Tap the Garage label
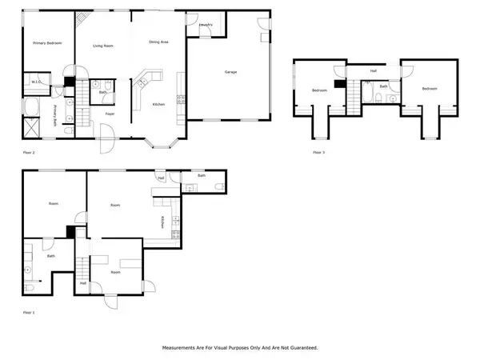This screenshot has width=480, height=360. tap(230, 73)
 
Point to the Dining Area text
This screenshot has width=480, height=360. tap(159, 42)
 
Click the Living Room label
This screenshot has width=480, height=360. tap(102, 46)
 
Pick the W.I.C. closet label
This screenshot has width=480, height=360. tap(36, 82)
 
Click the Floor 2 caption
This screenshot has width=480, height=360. tap(29, 152)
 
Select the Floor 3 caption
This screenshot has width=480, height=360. tap(319, 152)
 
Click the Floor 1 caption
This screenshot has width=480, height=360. tap(29, 312)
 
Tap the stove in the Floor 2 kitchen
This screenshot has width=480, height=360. tap(181, 100)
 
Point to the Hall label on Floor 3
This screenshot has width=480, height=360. tap(373, 71)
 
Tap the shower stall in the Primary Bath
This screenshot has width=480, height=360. tap(32, 126)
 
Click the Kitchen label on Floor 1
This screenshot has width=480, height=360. tap(162, 221)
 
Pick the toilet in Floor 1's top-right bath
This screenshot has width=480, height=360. tap(219, 188)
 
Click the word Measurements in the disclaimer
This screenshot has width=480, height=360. tap(181, 348)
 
